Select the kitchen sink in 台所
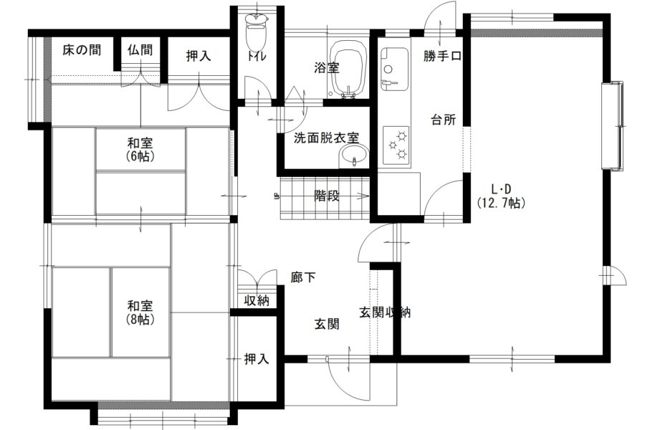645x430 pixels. [394, 68]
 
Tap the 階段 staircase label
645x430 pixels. [327, 196]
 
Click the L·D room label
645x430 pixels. [502, 189]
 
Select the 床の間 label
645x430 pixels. [82, 50]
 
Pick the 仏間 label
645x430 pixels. [140, 50]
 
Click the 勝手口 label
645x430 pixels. [443, 56]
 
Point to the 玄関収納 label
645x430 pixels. [385, 312]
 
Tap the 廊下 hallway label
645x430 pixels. [303, 278]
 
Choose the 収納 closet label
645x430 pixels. [257, 300]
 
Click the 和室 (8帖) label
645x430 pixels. [140, 312]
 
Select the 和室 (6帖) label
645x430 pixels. [140, 150]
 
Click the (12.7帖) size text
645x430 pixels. [502, 202]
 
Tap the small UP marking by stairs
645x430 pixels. [276, 196]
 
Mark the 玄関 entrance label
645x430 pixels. [327, 324]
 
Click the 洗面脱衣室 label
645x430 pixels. [326, 138]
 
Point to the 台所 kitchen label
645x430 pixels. [444, 120]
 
